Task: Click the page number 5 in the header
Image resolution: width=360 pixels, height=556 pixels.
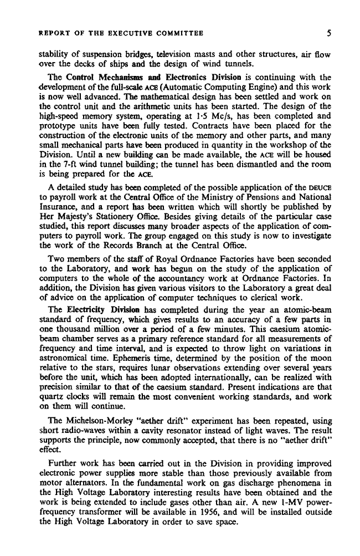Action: (328, 33)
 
